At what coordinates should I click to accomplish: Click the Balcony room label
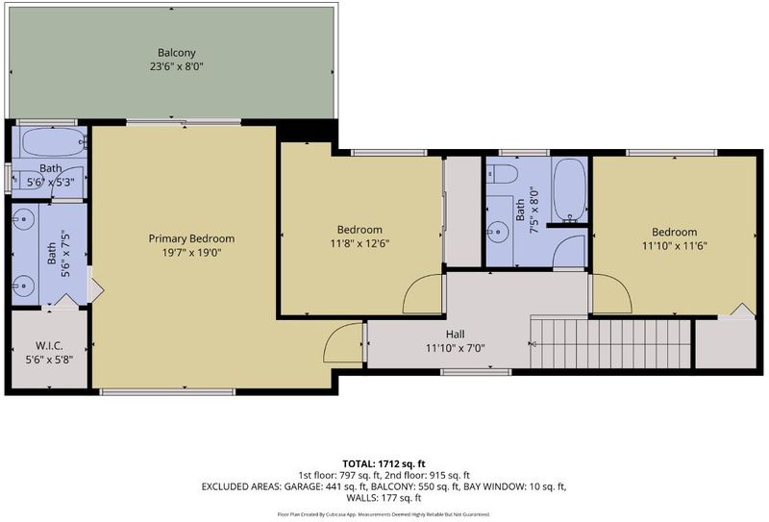pyautogui.click(x=177, y=53)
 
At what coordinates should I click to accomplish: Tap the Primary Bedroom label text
pyautogui.click(x=191, y=239)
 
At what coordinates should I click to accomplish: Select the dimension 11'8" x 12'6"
pyautogui.click(x=360, y=243)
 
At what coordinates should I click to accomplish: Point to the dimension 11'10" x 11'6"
pyautogui.click(x=675, y=246)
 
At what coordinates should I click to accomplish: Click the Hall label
pyautogui.click(x=455, y=335)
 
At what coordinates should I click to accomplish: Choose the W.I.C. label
pyautogui.click(x=49, y=346)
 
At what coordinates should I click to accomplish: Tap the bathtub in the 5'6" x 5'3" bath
pyautogui.click(x=54, y=141)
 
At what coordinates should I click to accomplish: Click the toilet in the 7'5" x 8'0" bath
pyautogui.click(x=502, y=174)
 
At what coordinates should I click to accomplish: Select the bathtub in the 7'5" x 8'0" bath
pyautogui.click(x=569, y=190)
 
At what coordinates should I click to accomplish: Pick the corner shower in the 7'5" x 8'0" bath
pyautogui.click(x=569, y=251)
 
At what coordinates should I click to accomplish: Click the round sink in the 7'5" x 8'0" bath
pyautogui.click(x=498, y=231)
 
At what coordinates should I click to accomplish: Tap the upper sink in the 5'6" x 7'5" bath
pyautogui.click(x=22, y=219)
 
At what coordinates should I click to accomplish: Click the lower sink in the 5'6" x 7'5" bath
pyautogui.click(x=22, y=286)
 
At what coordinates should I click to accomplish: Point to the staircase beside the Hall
pyautogui.click(x=610, y=343)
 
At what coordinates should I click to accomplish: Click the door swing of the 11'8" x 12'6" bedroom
pyautogui.click(x=422, y=293)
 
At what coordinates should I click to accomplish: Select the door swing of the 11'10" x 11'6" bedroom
pyautogui.click(x=612, y=293)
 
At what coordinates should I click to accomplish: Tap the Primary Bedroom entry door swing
pyautogui.click(x=343, y=343)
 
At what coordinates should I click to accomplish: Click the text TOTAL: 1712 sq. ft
pyautogui.click(x=384, y=463)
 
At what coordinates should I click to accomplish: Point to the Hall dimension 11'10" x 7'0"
pyautogui.click(x=455, y=349)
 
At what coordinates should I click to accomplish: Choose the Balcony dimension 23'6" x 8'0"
pyautogui.click(x=177, y=66)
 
